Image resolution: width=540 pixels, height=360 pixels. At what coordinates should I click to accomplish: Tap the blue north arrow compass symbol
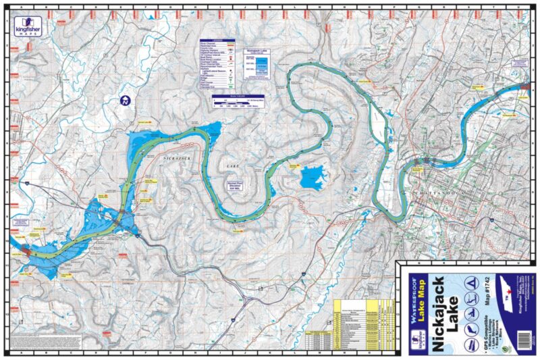point(124,101)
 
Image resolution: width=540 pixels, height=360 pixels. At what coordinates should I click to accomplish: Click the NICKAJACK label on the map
point(178,157)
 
